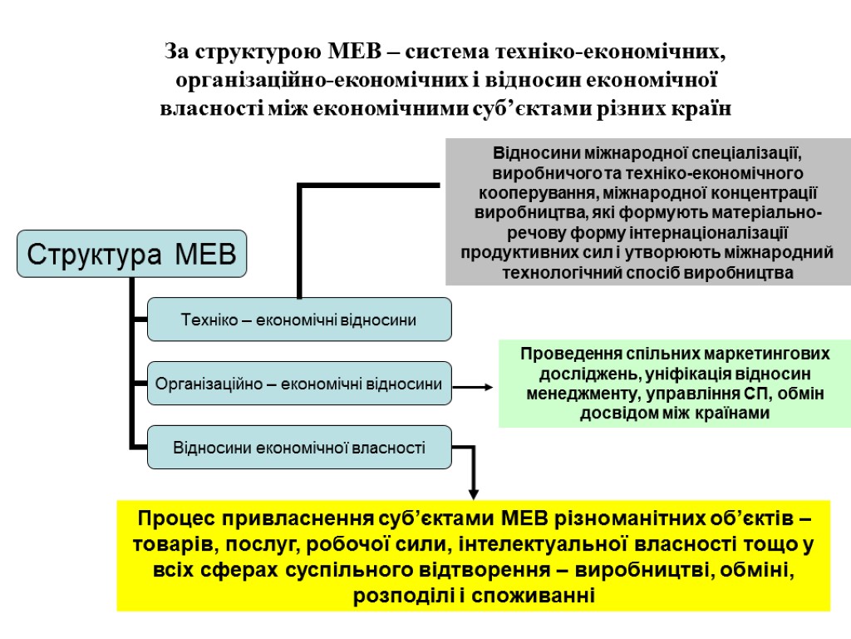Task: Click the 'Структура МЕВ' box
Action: point(133,254)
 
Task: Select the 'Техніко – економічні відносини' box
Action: point(299,319)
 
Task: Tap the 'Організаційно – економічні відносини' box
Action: point(299,384)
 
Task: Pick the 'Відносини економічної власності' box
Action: point(299,448)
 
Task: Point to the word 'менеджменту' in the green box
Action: point(574,393)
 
